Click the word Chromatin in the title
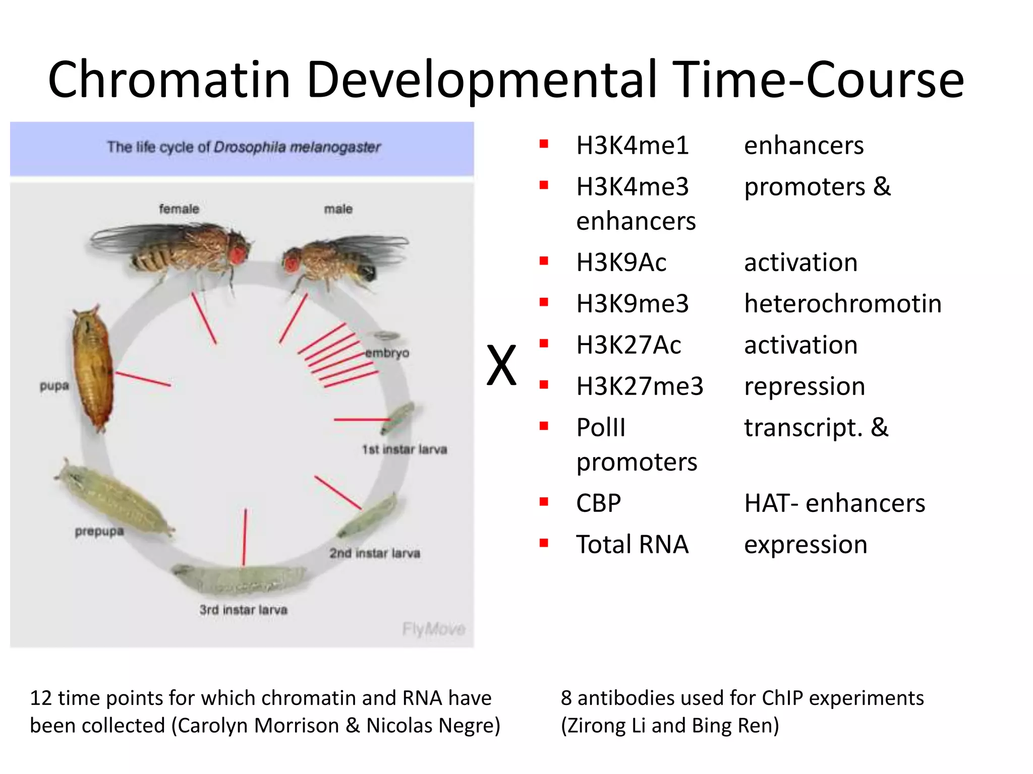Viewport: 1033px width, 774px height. [x=169, y=80]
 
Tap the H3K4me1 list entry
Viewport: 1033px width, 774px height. [x=632, y=146]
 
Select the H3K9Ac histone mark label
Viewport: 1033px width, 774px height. [x=621, y=263]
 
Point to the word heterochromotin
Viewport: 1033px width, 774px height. [x=842, y=304]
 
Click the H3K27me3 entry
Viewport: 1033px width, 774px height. [x=639, y=386]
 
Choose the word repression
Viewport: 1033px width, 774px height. [x=805, y=386]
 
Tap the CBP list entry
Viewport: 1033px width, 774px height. [x=598, y=503]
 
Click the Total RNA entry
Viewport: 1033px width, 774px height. [x=632, y=545]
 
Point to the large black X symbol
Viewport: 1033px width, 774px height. [x=501, y=365]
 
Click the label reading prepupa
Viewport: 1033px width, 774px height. [x=99, y=531]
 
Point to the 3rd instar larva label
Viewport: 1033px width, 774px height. [x=243, y=610]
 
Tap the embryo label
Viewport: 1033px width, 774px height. [x=387, y=353]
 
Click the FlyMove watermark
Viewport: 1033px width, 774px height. [x=433, y=629]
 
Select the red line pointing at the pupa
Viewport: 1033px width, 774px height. [x=143, y=379]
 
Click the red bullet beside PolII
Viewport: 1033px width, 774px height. [x=544, y=426]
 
